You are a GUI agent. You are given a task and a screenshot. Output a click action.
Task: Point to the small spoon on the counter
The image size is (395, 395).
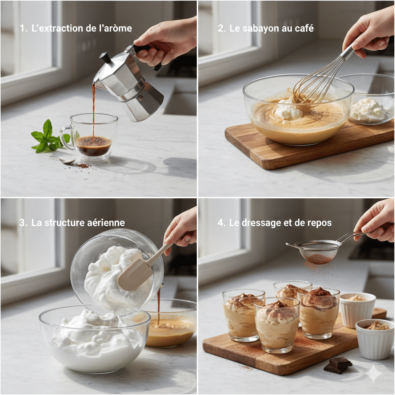pos(63,160)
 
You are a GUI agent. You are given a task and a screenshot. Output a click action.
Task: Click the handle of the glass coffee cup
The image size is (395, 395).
pos(66,137)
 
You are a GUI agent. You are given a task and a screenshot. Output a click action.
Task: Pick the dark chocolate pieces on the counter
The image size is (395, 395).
pos(337,365)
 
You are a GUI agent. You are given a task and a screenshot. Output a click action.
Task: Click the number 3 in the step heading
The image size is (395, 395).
pos(22,223)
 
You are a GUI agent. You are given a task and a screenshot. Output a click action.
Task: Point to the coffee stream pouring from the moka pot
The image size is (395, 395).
pos(93,108)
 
